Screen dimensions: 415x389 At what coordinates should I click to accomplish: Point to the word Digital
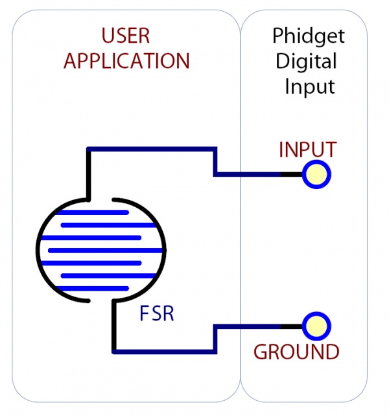(307, 62)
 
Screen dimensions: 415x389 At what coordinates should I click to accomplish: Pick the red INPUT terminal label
(307, 150)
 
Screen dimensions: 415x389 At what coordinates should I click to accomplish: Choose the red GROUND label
(296, 352)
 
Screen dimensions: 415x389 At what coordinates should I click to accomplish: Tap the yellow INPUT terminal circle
(317, 174)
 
